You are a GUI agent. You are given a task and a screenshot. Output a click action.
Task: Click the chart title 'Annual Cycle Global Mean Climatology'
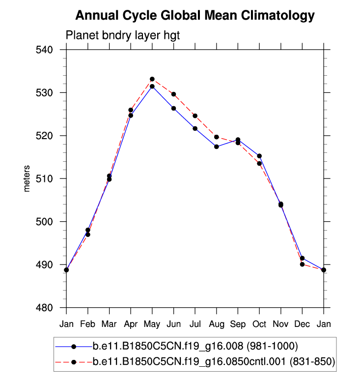click(x=195, y=16)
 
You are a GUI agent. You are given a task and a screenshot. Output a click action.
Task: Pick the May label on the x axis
click(x=152, y=324)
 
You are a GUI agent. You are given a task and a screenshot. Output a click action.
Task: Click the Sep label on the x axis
click(x=238, y=324)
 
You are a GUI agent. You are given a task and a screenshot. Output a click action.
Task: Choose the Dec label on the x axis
click(x=302, y=324)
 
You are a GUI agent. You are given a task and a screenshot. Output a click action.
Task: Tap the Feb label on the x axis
click(x=88, y=324)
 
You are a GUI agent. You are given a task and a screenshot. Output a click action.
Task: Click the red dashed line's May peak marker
click(x=152, y=79)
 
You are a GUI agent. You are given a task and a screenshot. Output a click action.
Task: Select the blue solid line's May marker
click(x=152, y=87)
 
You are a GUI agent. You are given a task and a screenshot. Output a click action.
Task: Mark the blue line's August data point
click(x=217, y=147)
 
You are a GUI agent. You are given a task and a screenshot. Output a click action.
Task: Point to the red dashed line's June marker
click(x=173, y=94)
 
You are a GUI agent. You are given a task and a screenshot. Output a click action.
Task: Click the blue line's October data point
click(x=259, y=156)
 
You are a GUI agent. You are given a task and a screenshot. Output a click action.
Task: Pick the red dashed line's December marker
click(x=302, y=264)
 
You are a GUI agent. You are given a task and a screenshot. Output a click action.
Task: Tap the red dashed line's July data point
click(x=195, y=116)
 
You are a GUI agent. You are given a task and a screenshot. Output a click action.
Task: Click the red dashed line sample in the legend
click(x=74, y=362)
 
